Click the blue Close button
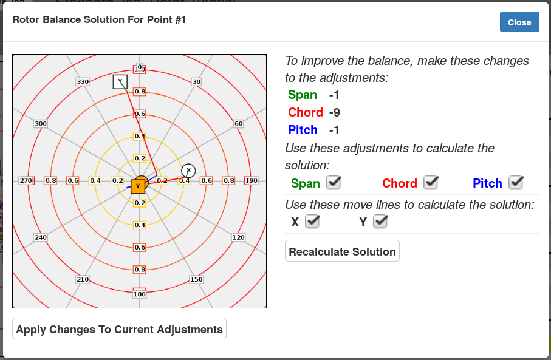click(519, 22)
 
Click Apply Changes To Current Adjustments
click(119, 330)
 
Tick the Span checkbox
click(334, 182)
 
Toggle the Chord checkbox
click(431, 182)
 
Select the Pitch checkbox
click(516, 182)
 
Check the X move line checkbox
click(312, 222)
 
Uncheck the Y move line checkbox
click(380, 222)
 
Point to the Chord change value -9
click(335, 112)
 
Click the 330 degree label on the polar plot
click(83, 81)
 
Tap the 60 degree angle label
click(239, 124)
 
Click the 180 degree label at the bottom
click(139, 294)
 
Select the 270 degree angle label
click(26, 180)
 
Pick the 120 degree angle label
click(239, 237)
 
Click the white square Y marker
click(120, 81)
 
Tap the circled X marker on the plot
click(188, 171)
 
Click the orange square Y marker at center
click(138, 185)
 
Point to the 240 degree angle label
click(41, 237)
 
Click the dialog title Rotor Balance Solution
click(99, 20)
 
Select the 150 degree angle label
click(196, 279)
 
